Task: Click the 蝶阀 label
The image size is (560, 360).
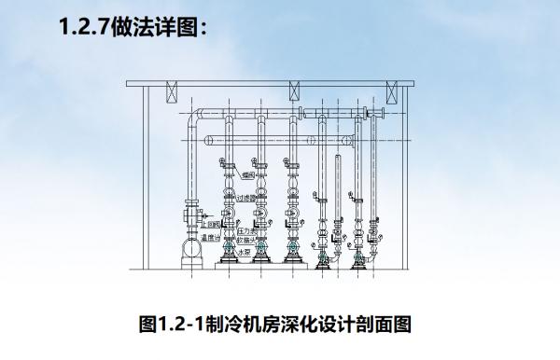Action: pyautogui.click(x=249, y=173)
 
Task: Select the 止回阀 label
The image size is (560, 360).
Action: pyautogui.click(x=215, y=224)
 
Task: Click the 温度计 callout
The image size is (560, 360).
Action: pyautogui.click(x=210, y=237)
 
